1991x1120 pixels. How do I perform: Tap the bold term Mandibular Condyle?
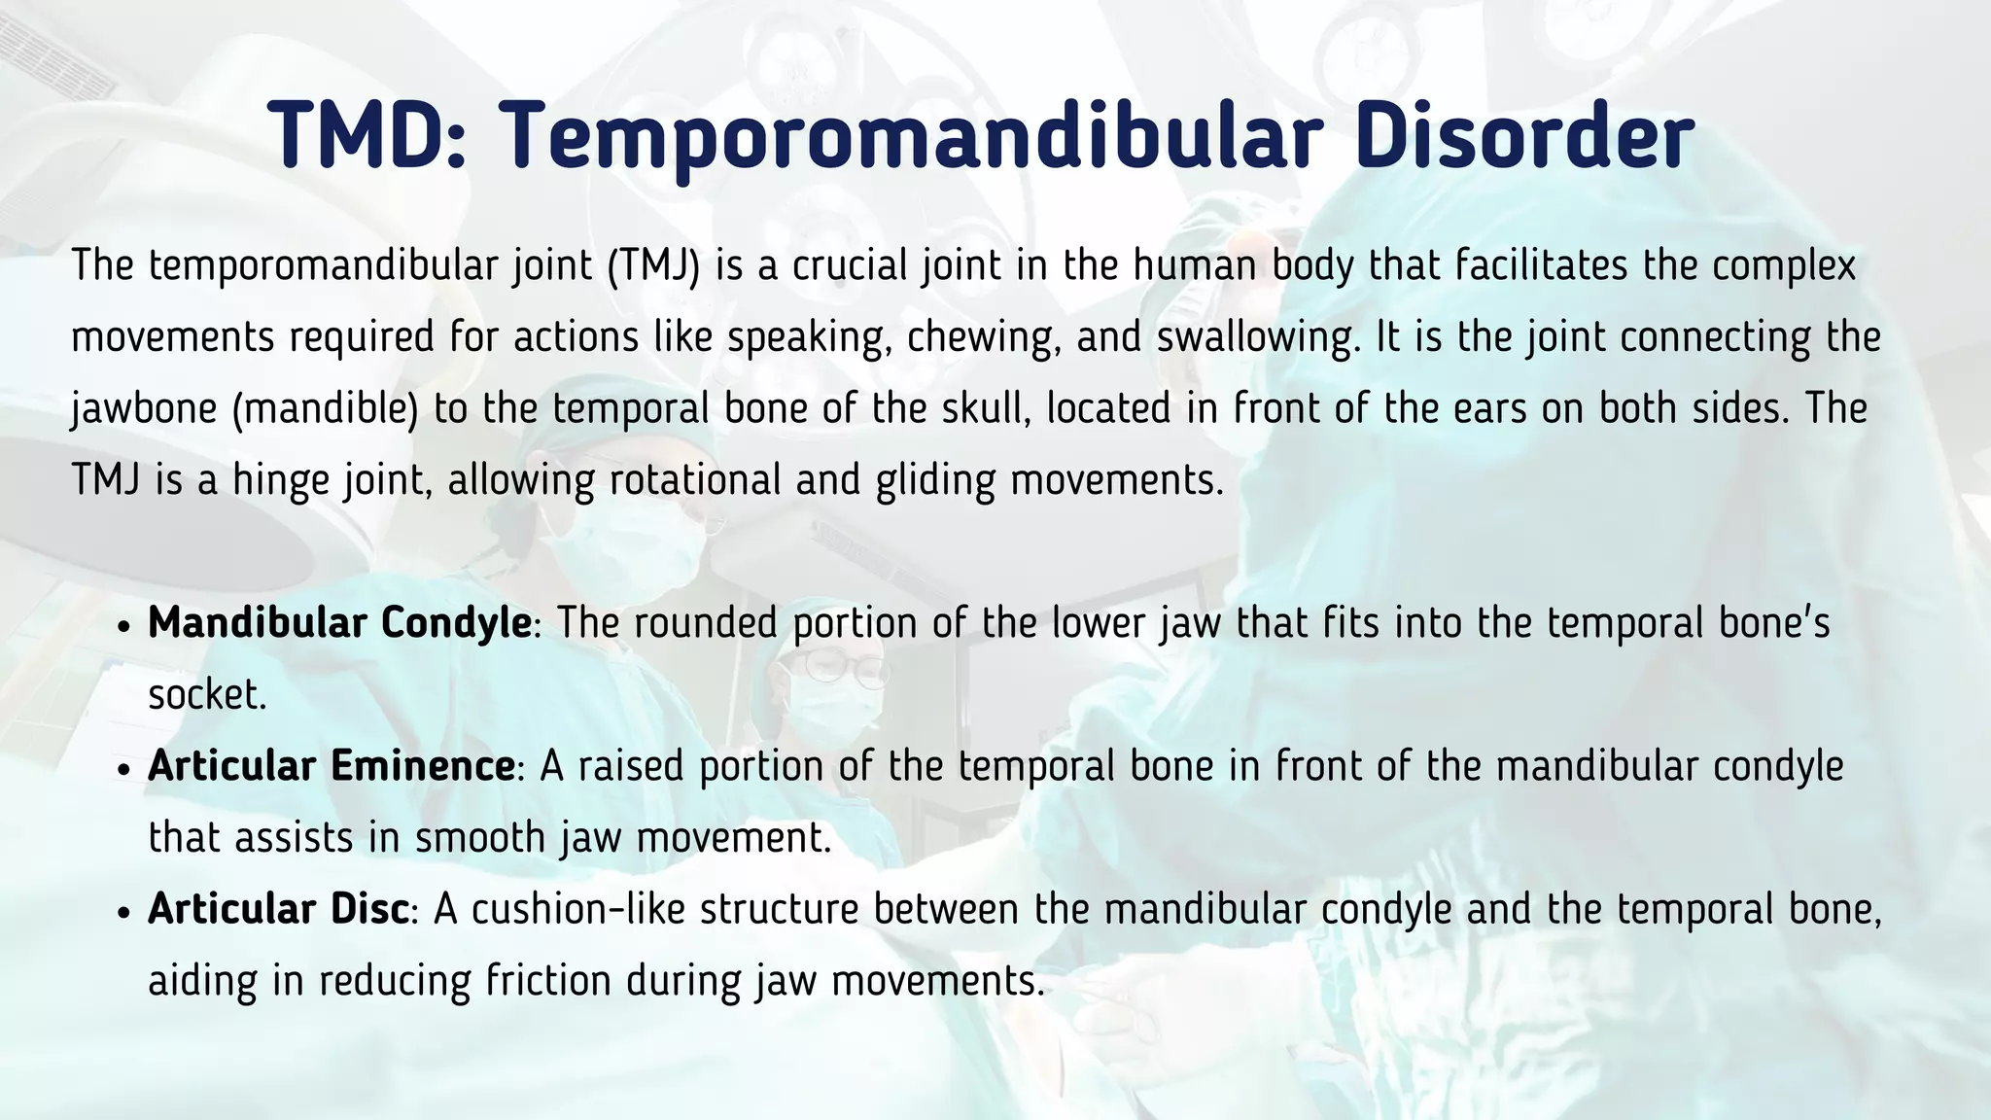click(x=339, y=623)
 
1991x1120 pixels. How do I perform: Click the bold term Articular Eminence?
click(x=331, y=766)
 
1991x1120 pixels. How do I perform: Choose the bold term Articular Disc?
click(x=278, y=909)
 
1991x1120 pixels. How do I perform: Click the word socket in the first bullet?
click(x=206, y=694)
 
